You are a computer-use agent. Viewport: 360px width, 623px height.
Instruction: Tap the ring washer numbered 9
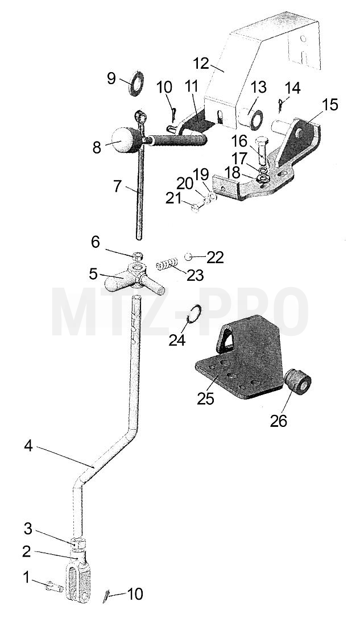[x=136, y=83]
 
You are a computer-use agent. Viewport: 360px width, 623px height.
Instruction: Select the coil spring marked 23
[x=166, y=264]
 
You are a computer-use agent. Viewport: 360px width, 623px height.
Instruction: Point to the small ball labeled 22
[x=189, y=257]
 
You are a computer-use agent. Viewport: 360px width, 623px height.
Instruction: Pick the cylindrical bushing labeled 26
[x=298, y=381]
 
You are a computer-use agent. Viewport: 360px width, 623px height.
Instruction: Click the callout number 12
[x=201, y=63]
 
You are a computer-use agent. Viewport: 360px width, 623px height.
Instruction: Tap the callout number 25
[x=205, y=398]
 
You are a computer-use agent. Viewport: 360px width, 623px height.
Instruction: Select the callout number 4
[x=28, y=446]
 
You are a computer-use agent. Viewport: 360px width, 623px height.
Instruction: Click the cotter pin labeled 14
[x=280, y=106]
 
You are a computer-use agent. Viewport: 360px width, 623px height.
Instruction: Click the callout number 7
[x=117, y=186]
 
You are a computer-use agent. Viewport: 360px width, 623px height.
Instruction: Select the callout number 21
[x=173, y=198]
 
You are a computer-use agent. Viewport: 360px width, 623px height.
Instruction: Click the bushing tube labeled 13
[x=251, y=117]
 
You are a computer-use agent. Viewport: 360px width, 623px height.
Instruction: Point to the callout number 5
[x=93, y=273]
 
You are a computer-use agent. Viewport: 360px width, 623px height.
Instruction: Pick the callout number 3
[x=27, y=529]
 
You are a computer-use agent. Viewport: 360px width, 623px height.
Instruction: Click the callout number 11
[x=192, y=87]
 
